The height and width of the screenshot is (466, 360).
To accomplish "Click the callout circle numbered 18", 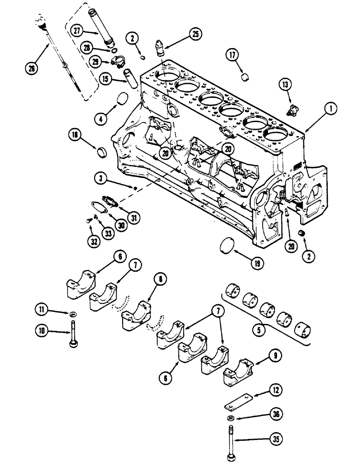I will click(x=76, y=136).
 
